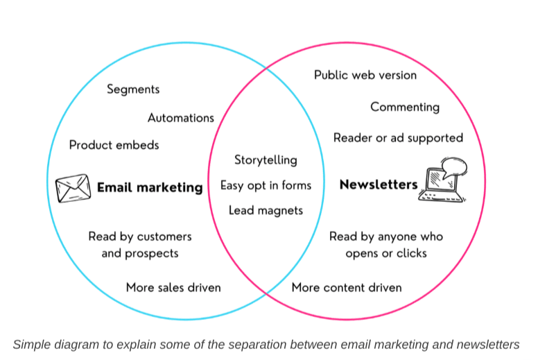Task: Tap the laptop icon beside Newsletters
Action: tap(439, 186)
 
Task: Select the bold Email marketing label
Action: tap(150, 187)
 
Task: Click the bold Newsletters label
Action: tap(378, 185)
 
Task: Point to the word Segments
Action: tap(133, 89)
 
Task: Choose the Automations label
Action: tap(181, 118)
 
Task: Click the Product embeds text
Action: tap(114, 145)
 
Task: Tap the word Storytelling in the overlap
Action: tap(266, 160)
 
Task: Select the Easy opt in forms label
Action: tap(266, 185)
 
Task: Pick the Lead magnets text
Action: tap(266, 210)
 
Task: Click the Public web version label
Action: tap(365, 75)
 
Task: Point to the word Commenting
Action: tap(405, 107)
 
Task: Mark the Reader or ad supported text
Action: tap(398, 138)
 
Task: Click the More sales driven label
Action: tap(173, 287)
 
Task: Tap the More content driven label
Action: tap(347, 287)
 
